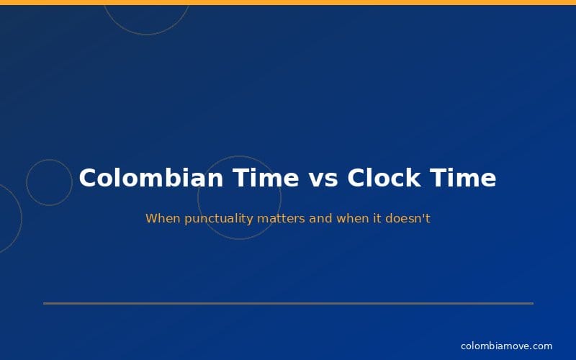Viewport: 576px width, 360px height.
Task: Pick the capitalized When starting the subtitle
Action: point(163,218)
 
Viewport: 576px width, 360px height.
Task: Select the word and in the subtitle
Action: point(321,218)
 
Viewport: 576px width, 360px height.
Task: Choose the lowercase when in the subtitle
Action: point(352,218)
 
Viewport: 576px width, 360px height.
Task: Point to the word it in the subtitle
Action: point(377,218)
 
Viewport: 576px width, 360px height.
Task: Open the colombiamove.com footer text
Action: point(506,346)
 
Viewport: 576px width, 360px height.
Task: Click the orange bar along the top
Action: point(288,2)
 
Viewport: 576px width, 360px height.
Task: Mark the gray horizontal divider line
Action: point(288,303)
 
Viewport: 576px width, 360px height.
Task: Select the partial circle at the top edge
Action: point(146,33)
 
